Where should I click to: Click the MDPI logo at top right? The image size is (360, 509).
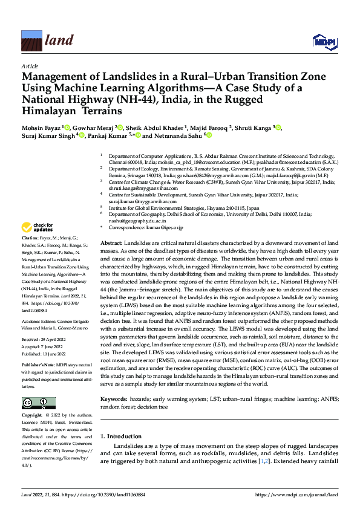tap(324, 41)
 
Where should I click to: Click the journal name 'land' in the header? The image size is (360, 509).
tap(59, 41)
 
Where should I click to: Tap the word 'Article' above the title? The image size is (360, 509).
tap(29, 65)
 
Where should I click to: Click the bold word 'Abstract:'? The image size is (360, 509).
tap(113, 242)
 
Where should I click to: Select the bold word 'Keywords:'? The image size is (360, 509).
tap(114, 399)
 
